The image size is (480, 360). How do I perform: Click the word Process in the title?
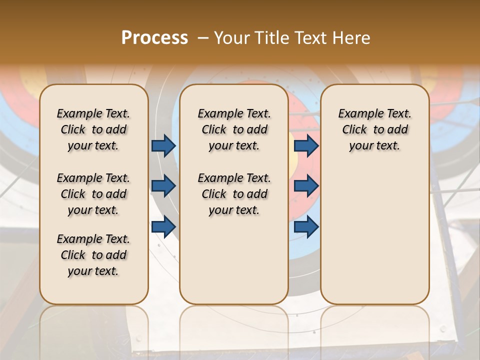(x=154, y=38)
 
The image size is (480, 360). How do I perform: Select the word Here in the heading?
(x=353, y=38)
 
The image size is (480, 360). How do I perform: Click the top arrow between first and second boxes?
(x=163, y=145)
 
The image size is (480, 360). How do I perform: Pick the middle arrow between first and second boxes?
(x=163, y=186)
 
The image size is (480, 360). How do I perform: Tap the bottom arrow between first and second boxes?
(x=163, y=226)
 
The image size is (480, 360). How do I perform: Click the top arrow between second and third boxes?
(x=306, y=145)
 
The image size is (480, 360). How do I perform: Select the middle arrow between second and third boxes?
(x=306, y=186)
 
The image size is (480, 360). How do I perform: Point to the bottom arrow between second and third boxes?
(x=306, y=226)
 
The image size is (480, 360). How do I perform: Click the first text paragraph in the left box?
(x=93, y=129)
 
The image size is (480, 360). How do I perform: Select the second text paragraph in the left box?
(x=93, y=194)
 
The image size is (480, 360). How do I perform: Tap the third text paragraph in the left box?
(x=93, y=255)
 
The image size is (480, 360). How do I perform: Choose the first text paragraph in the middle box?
(x=234, y=129)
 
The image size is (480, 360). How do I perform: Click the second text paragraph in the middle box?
(x=234, y=194)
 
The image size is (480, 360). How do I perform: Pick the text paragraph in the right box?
(x=375, y=129)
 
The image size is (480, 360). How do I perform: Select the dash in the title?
(x=203, y=38)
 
